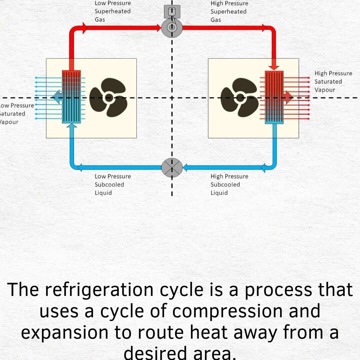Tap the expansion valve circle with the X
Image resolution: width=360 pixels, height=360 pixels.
click(172, 167)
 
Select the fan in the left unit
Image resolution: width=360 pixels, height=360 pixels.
click(109, 97)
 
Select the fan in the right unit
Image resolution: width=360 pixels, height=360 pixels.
click(240, 97)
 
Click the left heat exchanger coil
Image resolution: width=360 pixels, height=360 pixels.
click(71, 97)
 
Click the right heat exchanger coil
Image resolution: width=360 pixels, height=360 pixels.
click(274, 97)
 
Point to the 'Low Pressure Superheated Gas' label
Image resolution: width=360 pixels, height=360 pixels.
click(112, 11)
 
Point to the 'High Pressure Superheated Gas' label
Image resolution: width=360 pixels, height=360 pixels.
click(229, 12)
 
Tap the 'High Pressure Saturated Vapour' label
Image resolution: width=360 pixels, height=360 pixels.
click(333, 81)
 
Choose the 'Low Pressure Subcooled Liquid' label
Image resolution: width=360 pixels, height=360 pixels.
click(112, 185)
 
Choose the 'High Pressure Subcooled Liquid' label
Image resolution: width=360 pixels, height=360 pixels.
click(229, 185)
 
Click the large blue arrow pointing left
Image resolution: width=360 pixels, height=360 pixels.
click(57, 97)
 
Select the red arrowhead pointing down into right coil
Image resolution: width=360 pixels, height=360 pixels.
click(274, 66)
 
